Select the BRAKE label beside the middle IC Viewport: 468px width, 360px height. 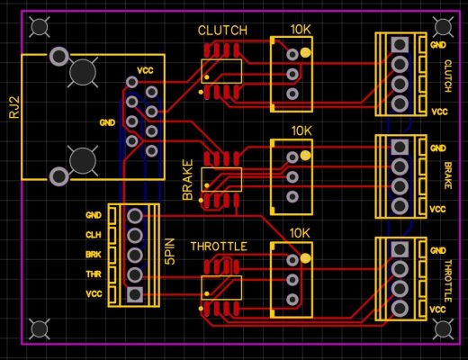[x=188, y=181]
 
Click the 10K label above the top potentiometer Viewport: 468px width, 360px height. [x=301, y=31]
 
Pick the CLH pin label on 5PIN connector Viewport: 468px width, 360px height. [x=94, y=235]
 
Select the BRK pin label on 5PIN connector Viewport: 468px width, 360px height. [x=94, y=255]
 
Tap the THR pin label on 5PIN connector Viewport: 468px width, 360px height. [x=94, y=274]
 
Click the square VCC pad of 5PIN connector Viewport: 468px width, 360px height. [x=134, y=294]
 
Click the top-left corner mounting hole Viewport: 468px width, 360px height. [x=39, y=28]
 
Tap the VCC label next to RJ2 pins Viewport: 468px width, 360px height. [x=144, y=70]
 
